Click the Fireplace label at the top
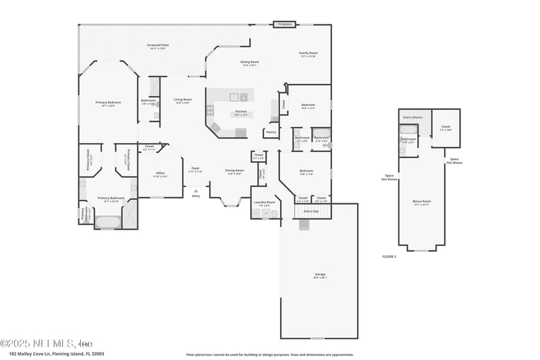pos(285,24)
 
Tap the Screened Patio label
pos(158,45)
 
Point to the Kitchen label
pos(241,111)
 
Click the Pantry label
pos(271,132)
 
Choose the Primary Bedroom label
pos(108,102)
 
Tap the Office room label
pos(160,173)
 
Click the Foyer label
pos(195,168)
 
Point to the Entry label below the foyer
pos(196,196)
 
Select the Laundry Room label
pos(265,202)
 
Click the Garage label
pos(319,275)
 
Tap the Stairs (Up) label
pos(310,211)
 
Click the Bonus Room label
pos(422,201)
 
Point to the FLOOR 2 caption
pos(389,257)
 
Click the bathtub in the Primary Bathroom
pos(108,221)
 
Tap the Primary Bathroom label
pos(108,199)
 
